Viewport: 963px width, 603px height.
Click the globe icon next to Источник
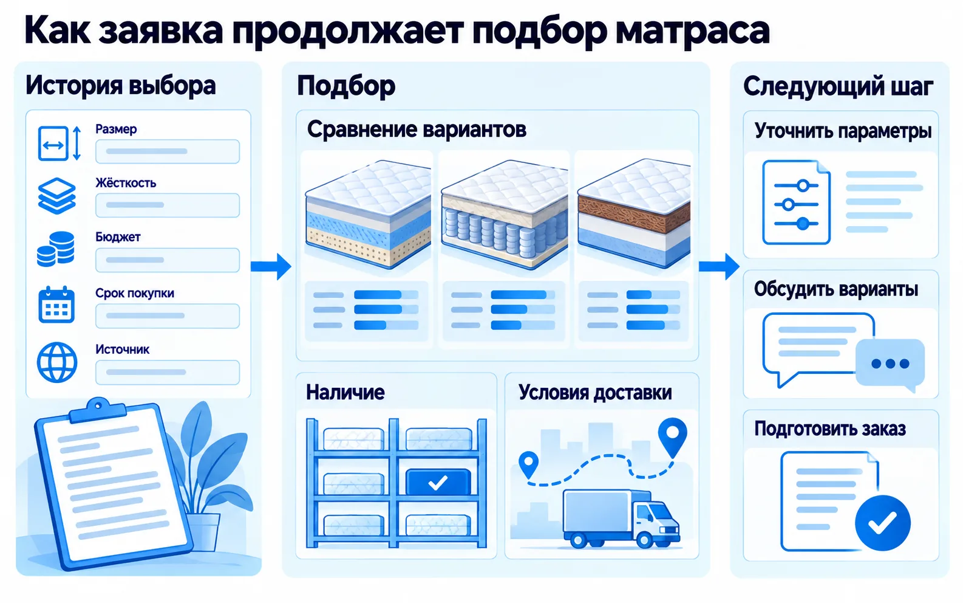click(56, 362)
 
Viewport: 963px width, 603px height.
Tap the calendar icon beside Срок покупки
click(56, 305)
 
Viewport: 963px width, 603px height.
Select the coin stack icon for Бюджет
click(56, 249)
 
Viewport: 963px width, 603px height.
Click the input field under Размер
click(167, 151)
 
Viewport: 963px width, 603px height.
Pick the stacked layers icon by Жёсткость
click(56, 196)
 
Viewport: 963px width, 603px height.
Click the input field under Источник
click(167, 372)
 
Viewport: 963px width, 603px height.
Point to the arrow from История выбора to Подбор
click(271, 266)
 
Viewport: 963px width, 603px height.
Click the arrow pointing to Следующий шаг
click(719, 266)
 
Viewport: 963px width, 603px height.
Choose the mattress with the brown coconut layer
click(634, 213)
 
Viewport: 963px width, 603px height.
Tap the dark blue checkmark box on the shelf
click(438, 482)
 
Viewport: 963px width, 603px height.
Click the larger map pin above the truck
click(672, 436)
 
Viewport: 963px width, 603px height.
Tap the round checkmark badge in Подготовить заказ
click(883, 523)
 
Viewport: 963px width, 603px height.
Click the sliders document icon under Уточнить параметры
click(796, 202)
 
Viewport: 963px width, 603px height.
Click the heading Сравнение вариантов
click(417, 129)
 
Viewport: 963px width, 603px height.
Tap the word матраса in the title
click(692, 31)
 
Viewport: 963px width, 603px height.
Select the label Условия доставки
click(595, 393)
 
